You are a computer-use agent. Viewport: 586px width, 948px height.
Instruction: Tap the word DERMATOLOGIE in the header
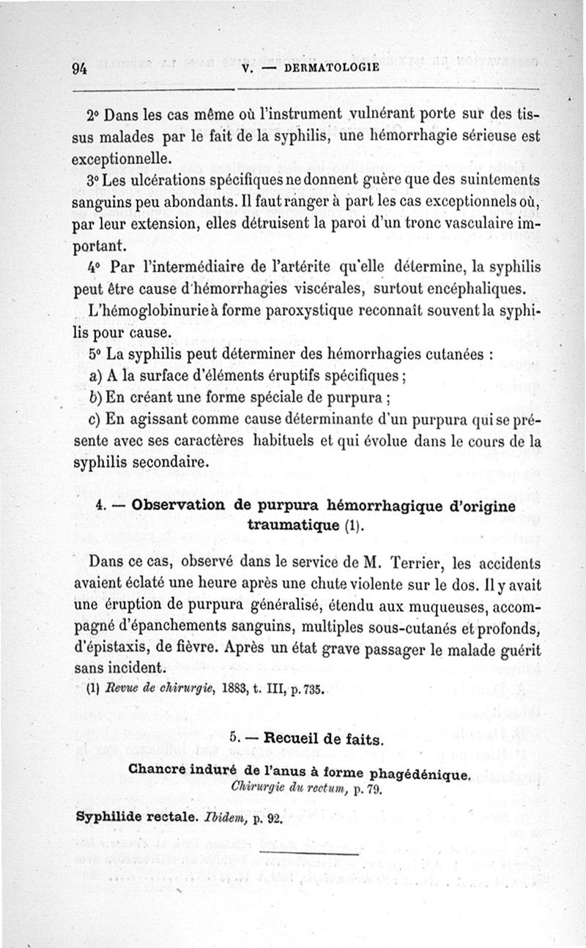click(x=330, y=69)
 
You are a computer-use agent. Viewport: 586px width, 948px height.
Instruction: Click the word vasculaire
click(x=470, y=220)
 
